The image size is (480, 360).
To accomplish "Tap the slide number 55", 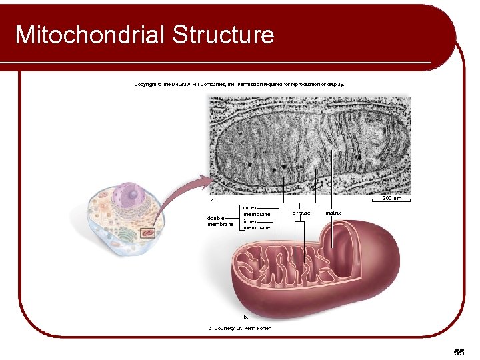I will pos(459,351).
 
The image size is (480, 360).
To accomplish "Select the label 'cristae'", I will pos(301,213).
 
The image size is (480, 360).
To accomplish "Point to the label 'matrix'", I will pos(333,213).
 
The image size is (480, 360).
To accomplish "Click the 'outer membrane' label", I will pos(257,211).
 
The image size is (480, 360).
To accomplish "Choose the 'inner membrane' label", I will pos(257,225).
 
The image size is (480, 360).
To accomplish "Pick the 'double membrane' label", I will pos(221,221).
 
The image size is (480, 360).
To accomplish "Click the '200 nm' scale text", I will pos(391,198).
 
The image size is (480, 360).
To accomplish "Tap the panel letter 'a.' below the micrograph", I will pos(213,199).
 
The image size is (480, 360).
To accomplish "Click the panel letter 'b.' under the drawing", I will pos(246,317).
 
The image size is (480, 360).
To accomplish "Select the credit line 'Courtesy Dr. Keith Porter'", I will pos(240,328).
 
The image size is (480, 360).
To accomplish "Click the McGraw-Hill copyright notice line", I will pos(239,85).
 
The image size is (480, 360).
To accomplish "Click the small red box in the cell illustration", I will pos(147,233).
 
